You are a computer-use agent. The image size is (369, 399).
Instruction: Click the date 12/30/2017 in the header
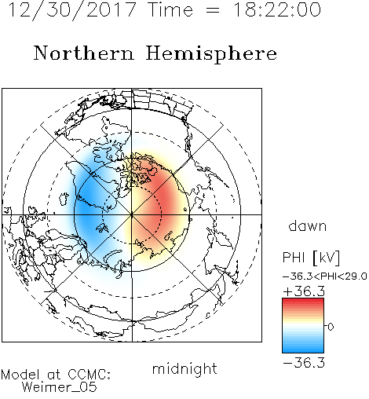coord(72,10)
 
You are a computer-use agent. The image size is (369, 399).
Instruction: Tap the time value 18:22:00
coord(277,9)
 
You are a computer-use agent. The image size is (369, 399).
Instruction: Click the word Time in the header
coord(170,9)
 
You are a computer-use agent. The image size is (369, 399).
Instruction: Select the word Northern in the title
coord(83,53)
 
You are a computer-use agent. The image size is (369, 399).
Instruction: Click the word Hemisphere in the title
coord(211,54)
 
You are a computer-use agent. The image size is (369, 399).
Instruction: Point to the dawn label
coord(308,225)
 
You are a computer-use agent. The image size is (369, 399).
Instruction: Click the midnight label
coord(184,368)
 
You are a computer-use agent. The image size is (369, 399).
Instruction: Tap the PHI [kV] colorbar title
coord(311,258)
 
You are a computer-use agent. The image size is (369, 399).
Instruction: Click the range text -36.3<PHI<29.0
coord(325,276)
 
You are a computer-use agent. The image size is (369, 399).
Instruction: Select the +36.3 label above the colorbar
coord(304,291)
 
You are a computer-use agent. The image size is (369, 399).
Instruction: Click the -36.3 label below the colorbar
coord(304,363)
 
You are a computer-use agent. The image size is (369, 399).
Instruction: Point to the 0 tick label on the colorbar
coord(331,327)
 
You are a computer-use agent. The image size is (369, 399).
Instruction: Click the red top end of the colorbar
coord(303,300)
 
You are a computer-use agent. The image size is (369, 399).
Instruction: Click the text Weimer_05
coord(60,387)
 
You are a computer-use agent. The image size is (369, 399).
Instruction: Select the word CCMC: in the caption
coord(90,375)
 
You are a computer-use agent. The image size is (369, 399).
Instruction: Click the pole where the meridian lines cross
coord(132,214)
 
